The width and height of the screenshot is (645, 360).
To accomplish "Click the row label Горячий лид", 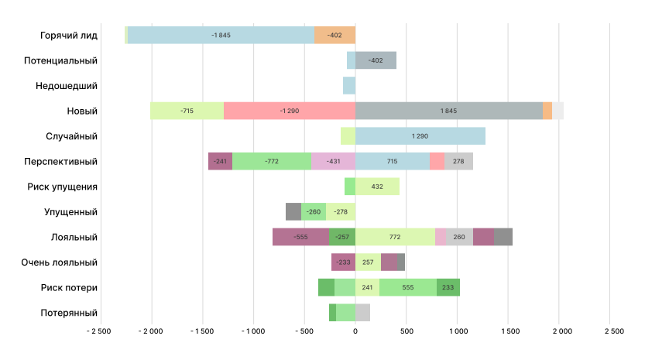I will pos(69,35).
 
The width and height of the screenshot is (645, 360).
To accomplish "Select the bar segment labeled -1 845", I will pos(221,35).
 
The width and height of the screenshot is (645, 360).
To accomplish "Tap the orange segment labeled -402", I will pos(335,35).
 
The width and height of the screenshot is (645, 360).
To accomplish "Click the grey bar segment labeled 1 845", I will pos(449,111).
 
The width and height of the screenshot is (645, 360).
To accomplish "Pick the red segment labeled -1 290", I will pos(290,111).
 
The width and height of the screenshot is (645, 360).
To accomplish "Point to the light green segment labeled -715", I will pos(187,111).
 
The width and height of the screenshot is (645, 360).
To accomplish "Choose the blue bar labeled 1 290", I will pos(420,136).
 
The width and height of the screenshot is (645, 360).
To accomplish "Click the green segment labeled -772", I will pos(272,161).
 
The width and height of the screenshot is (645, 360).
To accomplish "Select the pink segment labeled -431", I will pos(333,161).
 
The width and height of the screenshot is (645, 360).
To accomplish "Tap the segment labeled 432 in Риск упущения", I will pos(377,187).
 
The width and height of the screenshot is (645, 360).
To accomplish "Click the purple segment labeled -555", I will pos(300,237).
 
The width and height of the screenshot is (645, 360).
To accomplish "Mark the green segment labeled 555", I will pos(407,287).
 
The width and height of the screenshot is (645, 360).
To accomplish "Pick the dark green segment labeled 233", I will pos(448,287).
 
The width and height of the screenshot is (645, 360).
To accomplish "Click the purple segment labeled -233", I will pos(343,262).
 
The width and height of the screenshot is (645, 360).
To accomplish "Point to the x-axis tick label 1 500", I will pos(509,331).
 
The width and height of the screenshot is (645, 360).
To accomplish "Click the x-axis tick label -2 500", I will pos(99,331).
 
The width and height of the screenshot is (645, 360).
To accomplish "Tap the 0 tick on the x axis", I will pos(355,331).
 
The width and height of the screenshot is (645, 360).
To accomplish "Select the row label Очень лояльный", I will pos(60,262).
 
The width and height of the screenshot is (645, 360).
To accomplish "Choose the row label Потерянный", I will pos(69,313).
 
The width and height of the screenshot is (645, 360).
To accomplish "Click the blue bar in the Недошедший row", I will pos(349,85).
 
